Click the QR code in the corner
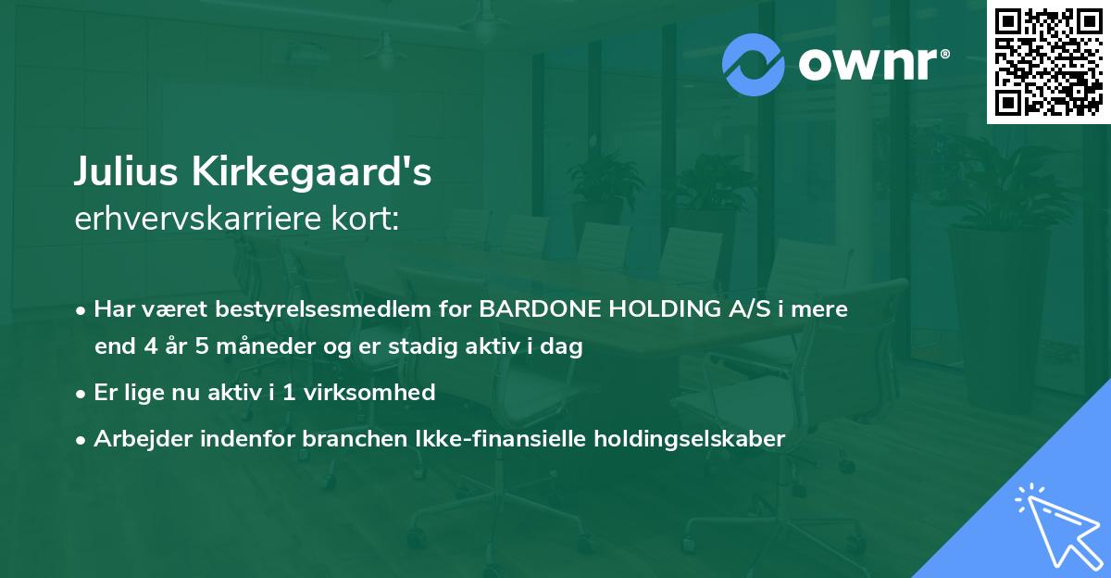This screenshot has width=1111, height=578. click(x=1048, y=62)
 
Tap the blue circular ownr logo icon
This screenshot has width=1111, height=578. click(x=753, y=65)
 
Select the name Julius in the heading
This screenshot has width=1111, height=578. click(x=126, y=171)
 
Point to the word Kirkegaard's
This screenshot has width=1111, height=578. click(x=311, y=171)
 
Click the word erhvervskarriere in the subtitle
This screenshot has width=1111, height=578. click(x=198, y=219)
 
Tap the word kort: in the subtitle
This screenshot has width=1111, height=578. click(x=365, y=219)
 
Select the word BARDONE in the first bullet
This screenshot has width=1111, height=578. click(x=540, y=309)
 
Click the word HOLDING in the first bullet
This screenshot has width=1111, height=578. click(x=665, y=309)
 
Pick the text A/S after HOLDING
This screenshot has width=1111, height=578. click(x=749, y=309)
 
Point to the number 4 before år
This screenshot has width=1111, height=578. click(x=151, y=346)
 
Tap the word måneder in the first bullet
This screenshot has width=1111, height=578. click(x=266, y=346)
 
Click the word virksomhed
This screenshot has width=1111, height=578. click(x=369, y=393)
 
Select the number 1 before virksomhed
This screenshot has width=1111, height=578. click(x=289, y=393)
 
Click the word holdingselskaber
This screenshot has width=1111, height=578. click(x=690, y=439)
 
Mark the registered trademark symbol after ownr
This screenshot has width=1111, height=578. click(x=944, y=54)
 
